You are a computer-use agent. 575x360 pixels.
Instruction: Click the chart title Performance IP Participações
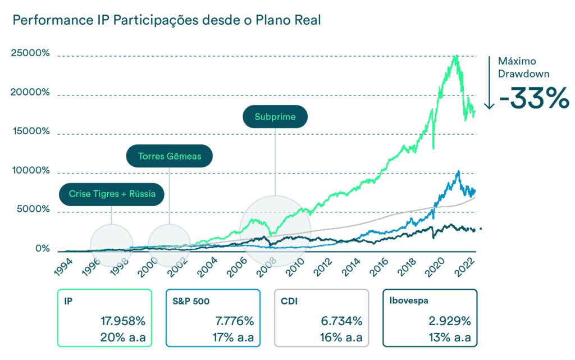point(166,20)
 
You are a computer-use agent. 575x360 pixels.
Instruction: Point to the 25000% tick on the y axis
point(30,54)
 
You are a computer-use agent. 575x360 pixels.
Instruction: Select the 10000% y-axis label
point(30,171)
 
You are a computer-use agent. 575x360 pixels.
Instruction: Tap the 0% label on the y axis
point(43,248)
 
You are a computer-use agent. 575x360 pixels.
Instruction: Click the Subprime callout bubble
point(275,117)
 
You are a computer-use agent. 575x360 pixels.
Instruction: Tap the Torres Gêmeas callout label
point(170,156)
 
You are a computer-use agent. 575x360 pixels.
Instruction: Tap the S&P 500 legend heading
point(191,301)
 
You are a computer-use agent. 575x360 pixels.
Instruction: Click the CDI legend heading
point(289,301)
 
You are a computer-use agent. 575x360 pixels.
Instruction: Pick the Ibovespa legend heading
point(409,301)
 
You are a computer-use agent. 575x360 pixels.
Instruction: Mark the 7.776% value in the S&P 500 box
point(232,321)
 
